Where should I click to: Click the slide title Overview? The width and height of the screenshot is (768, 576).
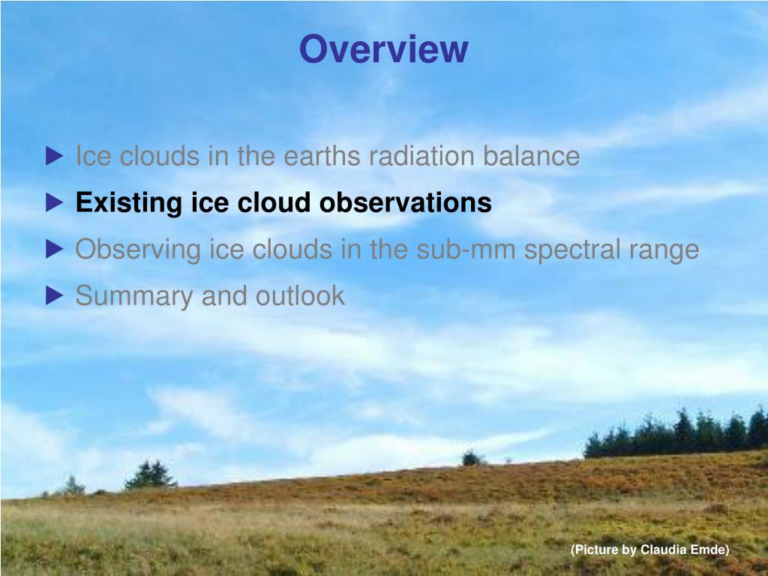click(383, 49)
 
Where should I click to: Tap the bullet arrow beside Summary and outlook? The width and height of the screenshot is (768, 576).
click(54, 295)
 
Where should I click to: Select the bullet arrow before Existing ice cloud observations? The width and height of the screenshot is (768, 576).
click(54, 202)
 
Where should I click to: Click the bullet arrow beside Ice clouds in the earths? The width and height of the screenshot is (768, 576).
click(54, 156)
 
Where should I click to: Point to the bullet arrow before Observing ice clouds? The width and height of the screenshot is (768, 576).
click(54, 249)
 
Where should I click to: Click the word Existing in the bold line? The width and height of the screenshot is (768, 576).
click(129, 203)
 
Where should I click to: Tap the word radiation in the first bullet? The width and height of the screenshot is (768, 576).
click(421, 156)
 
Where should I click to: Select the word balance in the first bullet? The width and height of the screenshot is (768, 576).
click(532, 156)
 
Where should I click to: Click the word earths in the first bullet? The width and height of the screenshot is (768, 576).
click(322, 156)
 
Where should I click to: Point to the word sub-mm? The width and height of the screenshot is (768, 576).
click(466, 249)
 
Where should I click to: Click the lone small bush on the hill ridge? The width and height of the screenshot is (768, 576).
click(471, 458)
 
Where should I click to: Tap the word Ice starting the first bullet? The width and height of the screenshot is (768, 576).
click(93, 156)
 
